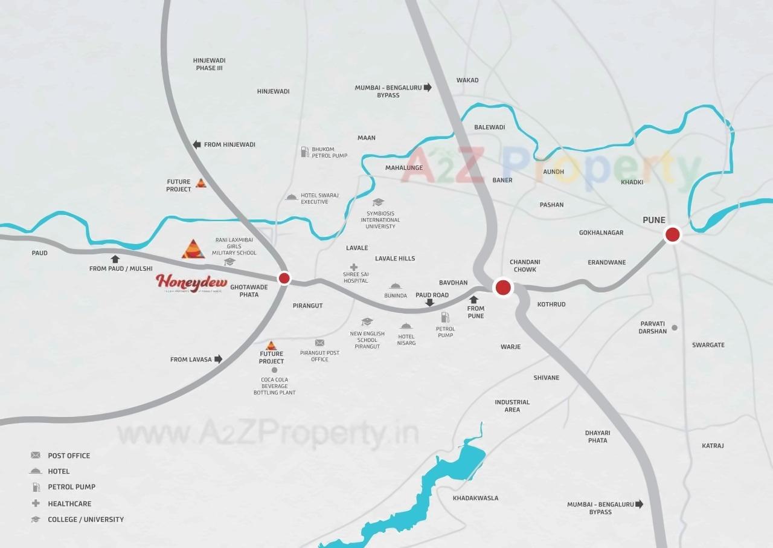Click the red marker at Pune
[672, 234]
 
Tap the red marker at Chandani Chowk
[503, 288]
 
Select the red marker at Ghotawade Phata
[284, 278]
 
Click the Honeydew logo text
[191, 282]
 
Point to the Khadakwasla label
[475, 498]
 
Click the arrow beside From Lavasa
[219, 359]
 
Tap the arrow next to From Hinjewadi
[196, 144]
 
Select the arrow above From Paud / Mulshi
[115, 259]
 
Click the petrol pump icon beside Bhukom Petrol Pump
[305, 152]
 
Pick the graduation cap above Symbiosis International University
[378, 202]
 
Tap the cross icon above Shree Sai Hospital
[354, 267]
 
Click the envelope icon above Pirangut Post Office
[319, 343]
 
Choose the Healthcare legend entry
[69, 503]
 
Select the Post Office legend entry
[69, 456]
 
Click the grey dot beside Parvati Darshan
[675, 327]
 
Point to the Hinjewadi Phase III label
[209, 64]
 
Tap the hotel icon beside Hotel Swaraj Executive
[292, 197]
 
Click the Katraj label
[713, 446]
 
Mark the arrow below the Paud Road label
[429, 303]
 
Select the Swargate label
[708, 345]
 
